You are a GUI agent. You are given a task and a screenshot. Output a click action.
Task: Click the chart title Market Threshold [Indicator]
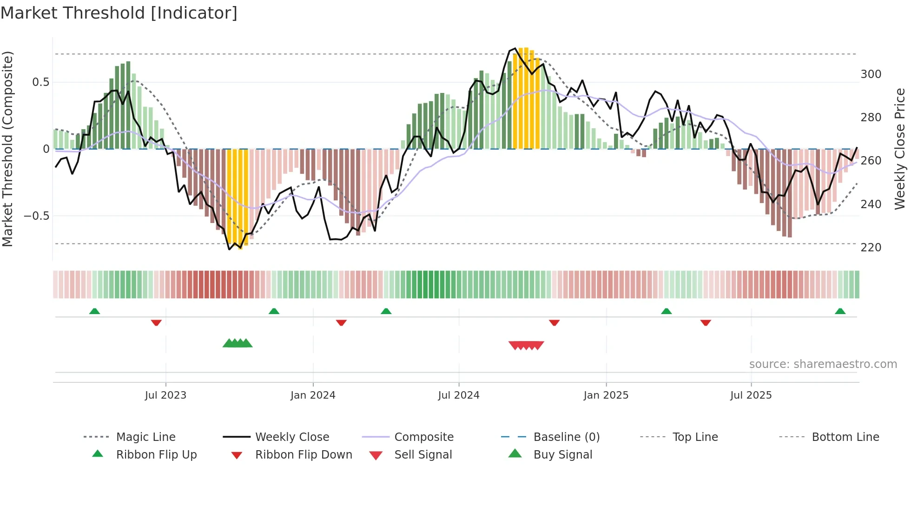point(119,13)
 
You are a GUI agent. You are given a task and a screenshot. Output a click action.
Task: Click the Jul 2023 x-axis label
point(165,395)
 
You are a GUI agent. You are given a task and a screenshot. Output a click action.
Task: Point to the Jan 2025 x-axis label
point(606,395)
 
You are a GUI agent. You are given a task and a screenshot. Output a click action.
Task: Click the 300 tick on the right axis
point(871,74)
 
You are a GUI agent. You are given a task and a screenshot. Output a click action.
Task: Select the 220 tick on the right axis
point(871,248)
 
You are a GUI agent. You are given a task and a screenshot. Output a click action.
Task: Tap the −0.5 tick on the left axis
point(36,216)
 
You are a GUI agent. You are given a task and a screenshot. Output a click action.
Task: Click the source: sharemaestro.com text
point(823,364)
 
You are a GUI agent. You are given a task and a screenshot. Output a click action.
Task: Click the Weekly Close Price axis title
point(900,149)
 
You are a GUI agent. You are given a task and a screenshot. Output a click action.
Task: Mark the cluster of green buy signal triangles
point(238,344)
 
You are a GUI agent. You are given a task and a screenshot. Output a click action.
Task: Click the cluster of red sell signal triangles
point(526,345)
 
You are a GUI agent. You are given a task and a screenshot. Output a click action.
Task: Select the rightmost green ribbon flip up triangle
point(840,311)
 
